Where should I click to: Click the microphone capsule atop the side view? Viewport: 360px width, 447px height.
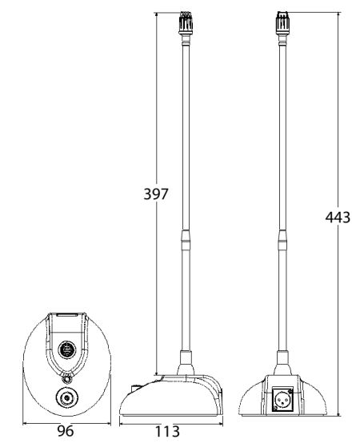186,22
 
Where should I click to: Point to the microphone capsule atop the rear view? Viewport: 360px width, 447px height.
282,22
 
